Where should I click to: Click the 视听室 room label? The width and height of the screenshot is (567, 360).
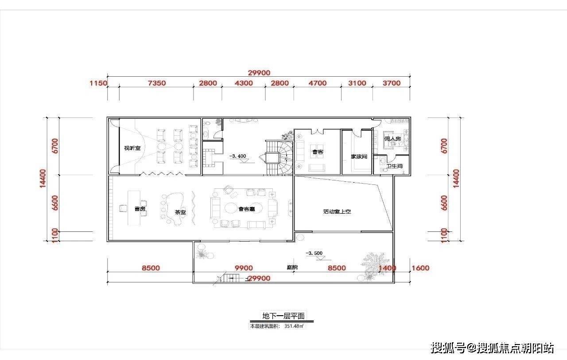coord(132,148)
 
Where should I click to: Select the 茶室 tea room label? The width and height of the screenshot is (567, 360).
coord(180,212)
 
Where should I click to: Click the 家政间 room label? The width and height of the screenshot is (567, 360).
coord(359,157)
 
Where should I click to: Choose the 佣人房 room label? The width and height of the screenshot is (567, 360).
coord(392,139)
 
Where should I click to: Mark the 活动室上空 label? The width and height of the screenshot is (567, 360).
coord(337,211)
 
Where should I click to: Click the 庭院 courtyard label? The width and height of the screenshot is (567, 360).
coord(292,267)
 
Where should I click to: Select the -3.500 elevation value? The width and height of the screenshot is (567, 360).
coord(314,253)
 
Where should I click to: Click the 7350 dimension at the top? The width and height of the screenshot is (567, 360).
coord(156,83)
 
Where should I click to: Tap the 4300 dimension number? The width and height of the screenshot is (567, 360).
coord(244,83)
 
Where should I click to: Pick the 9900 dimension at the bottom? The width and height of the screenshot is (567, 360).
coord(244,268)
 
